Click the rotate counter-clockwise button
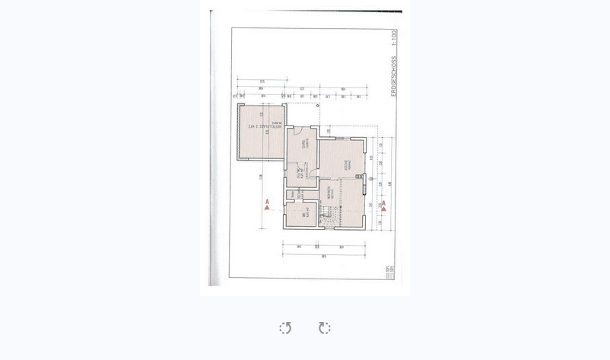(x=285, y=328)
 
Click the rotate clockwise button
(x=325, y=328)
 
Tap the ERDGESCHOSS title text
(x=393, y=77)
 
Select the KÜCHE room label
(x=347, y=161)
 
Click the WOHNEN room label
(x=329, y=193)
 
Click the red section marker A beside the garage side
(x=267, y=205)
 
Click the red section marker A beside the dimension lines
(x=383, y=205)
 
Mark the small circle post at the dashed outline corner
(x=318, y=106)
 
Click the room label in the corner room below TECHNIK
(x=305, y=215)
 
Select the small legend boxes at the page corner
(x=389, y=272)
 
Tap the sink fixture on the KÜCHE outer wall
(x=359, y=177)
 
